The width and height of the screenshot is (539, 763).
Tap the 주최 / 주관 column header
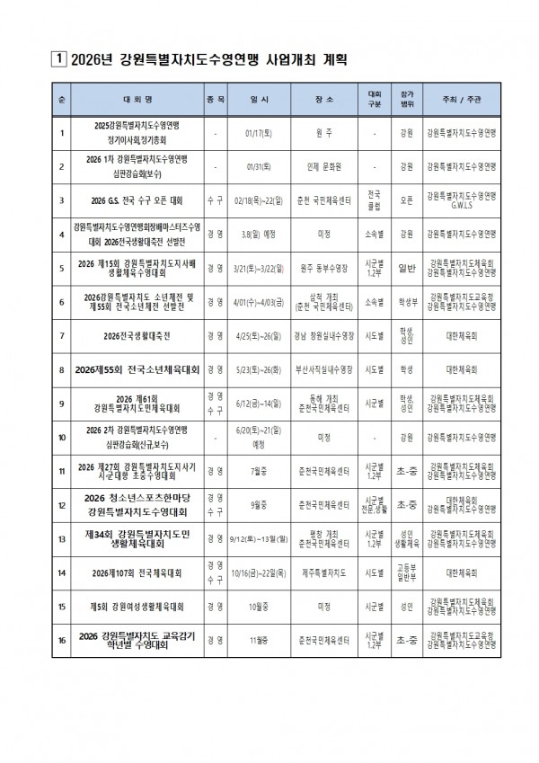(464, 101)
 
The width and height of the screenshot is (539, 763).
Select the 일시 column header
(260, 101)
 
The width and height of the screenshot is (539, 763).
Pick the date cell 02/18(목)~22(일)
(260, 200)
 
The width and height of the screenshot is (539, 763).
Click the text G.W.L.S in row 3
(464, 205)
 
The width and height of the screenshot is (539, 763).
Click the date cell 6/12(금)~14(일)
(260, 404)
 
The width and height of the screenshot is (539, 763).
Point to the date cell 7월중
(260, 471)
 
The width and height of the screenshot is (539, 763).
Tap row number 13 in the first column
(61, 538)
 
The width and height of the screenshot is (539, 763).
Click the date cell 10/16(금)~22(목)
(260, 572)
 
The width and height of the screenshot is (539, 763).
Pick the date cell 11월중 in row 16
(260, 641)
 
